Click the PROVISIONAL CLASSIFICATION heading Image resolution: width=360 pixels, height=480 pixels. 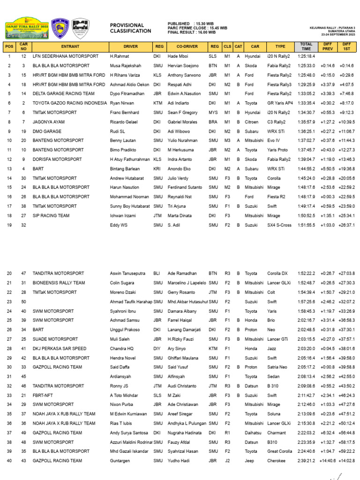pyautogui.click(x=130, y=28)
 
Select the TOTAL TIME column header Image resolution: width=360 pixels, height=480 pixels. pyautogui.click(x=306, y=46)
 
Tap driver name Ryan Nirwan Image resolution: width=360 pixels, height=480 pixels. pyautogui.click(x=122, y=103)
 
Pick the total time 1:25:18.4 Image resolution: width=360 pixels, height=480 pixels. pyautogui.click(x=306, y=56)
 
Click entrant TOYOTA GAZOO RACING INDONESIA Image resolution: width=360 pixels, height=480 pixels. pyautogui.click(x=69, y=103)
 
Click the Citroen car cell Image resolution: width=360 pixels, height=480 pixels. pyautogui.click(x=252, y=122)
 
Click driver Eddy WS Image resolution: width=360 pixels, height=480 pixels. pyautogui.click(x=119, y=225)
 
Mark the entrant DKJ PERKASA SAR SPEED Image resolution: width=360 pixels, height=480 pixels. pyautogui.click(x=60, y=348)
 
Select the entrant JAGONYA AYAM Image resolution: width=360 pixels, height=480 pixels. pyautogui.click(x=49, y=122)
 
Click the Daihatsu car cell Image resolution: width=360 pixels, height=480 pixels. pyautogui.click(x=254, y=433)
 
